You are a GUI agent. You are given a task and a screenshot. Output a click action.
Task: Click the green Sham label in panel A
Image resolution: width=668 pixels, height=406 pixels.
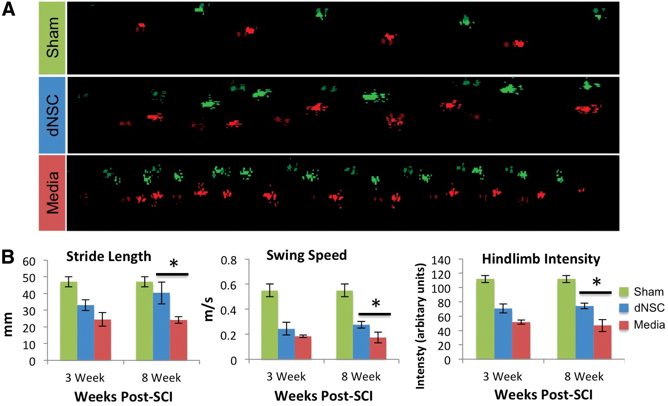[x=52, y=38]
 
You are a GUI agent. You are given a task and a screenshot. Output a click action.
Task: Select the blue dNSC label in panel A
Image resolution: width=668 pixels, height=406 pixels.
[x=52, y=115]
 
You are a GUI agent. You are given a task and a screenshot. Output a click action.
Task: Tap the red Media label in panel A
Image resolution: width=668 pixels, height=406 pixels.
[x=52, y=193]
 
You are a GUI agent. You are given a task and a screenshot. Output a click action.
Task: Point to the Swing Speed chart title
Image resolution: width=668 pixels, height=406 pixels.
[x=307, y=255]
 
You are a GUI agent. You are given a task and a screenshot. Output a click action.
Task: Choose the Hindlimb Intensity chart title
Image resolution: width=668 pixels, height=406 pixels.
[x=541, y=259]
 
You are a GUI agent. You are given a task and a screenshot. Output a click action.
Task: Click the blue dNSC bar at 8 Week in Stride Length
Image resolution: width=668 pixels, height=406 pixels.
[x=162, y=326]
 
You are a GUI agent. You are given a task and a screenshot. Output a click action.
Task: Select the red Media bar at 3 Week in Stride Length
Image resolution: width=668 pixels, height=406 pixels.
[x=102, y=340]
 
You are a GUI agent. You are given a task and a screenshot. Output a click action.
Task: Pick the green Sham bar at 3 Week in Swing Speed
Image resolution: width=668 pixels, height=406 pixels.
[x=269, y=325]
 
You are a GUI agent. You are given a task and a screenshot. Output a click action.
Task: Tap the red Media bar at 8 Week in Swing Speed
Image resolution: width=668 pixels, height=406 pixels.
[x=378, y=349]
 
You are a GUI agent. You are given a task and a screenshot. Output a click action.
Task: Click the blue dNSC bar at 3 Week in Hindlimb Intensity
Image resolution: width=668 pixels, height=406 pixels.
[x=503, y=334]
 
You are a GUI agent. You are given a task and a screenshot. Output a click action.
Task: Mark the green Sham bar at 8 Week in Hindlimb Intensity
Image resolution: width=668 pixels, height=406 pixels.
[x=566, y=319]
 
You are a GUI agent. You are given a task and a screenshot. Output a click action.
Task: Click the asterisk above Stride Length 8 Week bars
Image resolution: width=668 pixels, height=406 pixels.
[x=174, y=264]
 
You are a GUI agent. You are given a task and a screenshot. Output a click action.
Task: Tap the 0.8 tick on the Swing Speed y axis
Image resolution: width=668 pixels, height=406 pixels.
[x=228, y=260]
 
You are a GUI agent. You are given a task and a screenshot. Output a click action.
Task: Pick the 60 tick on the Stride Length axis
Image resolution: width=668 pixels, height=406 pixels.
[x=29, y=262]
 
